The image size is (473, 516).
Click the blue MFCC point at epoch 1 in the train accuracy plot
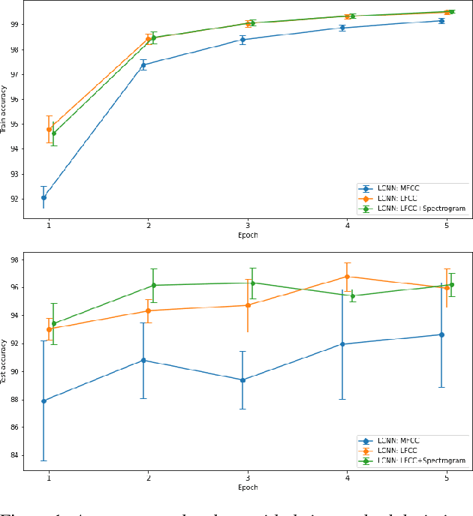[x=44, y=197]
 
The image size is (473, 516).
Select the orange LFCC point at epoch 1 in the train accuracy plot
[x=49, y=129]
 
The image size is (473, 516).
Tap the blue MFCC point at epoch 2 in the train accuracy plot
[x=143, y=65]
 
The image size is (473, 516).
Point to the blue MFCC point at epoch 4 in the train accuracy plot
[x=342, y=28]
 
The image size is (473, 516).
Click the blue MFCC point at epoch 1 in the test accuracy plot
[x=44, y=400]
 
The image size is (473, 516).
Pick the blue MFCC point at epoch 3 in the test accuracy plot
[x=243, y=379]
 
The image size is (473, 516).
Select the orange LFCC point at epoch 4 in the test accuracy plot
[x=348, y=277]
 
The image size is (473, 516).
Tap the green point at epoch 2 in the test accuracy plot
[x=154, y=285]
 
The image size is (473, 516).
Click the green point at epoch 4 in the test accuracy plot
[x=353, y=295]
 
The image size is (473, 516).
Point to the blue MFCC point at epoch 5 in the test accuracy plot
[x=441, y=334]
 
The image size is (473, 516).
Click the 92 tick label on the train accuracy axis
[x=14, y=199]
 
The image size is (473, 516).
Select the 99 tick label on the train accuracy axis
[x=14, y=25]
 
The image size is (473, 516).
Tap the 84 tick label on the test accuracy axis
[x=14, y=455]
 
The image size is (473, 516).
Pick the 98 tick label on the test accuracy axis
[x=14, y=260]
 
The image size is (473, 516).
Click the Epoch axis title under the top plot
[x=248, y=235]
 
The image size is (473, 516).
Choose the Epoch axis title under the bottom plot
[x=248, y=487]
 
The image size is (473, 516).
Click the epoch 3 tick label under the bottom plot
[x=248, y=477]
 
